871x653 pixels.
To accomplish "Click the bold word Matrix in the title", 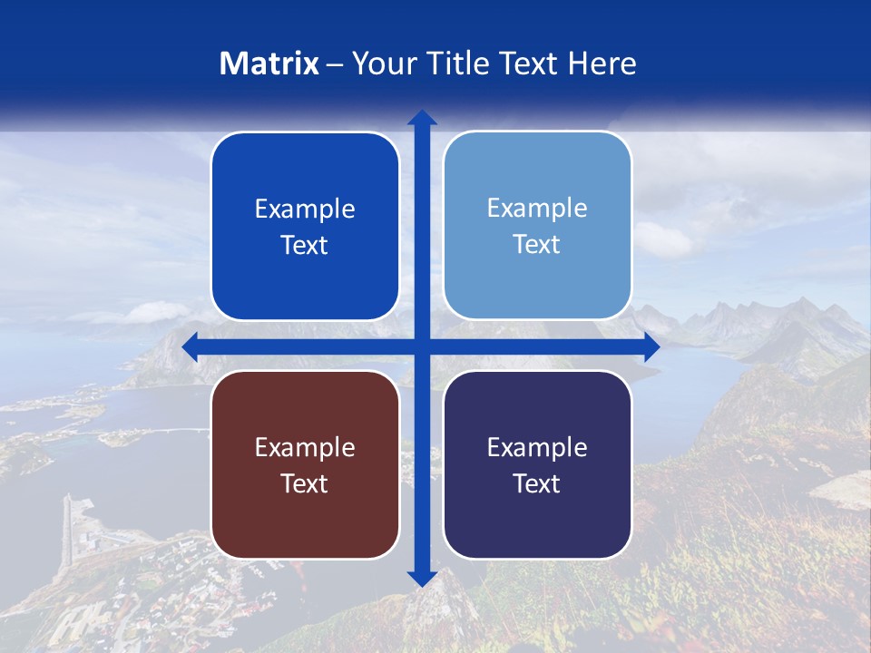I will (269, 63).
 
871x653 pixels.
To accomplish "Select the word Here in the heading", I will (602, 63).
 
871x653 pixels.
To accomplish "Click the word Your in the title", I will (383, 63).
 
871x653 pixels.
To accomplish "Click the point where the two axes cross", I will (421, 346).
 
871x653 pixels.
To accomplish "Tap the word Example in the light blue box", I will (537, 209).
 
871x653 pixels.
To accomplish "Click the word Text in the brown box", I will (305, 483).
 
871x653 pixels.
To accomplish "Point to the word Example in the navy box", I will (537, 447).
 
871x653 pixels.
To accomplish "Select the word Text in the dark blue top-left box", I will (305, 245).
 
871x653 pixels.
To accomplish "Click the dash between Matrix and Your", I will (335, 64).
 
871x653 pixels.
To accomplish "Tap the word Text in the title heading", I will (529, 63).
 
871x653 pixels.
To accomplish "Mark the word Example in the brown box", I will (305, 447).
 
